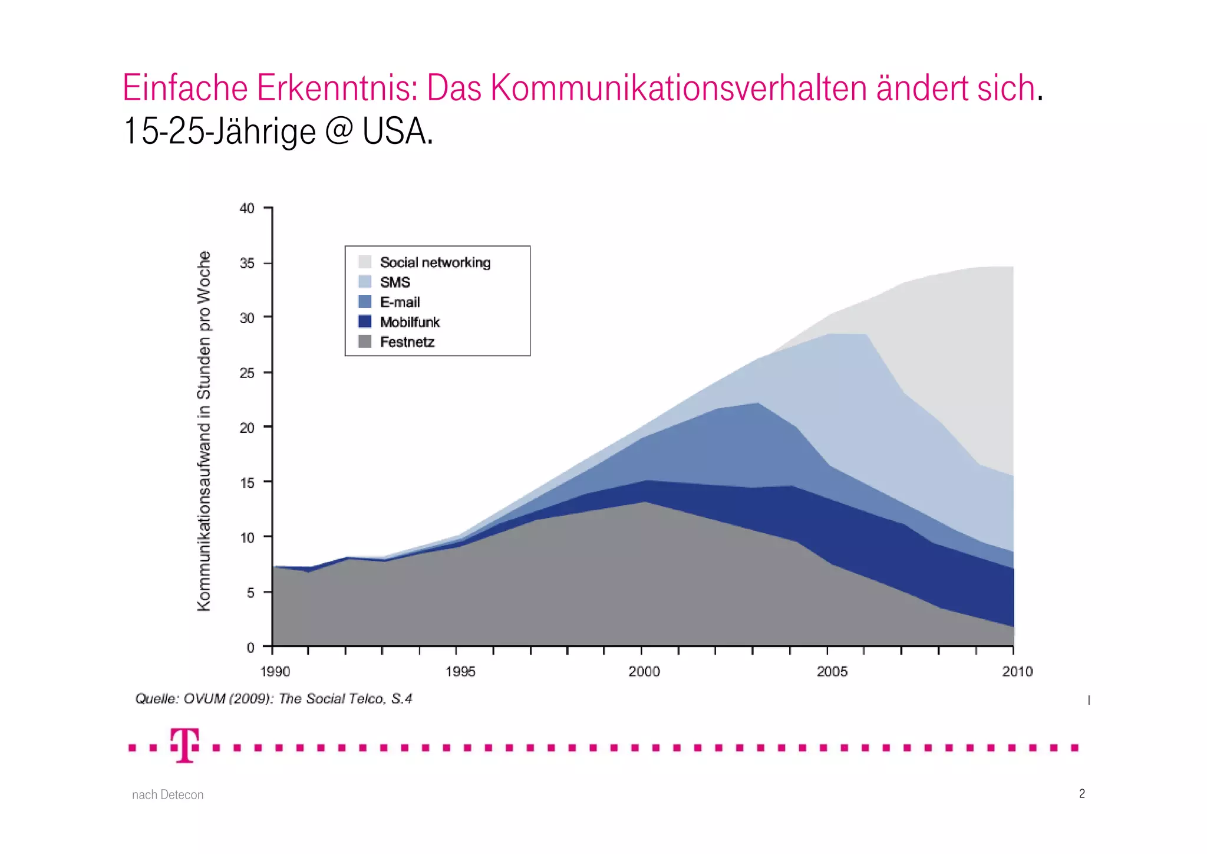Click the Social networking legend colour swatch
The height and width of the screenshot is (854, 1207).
365,262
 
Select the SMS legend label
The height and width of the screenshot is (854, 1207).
395,283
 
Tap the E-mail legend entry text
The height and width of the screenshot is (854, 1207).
400,303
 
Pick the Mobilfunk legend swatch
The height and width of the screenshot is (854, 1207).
365,322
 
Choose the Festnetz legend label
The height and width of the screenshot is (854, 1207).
407,342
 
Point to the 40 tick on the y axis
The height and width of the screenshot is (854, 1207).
247,208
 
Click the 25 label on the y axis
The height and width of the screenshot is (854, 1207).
247,373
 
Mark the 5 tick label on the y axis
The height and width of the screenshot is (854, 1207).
250,593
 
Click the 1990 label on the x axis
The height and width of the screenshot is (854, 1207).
275,672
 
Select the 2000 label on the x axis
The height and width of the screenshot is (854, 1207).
644,672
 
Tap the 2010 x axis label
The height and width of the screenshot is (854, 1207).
1017,672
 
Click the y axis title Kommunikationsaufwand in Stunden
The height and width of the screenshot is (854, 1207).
203,431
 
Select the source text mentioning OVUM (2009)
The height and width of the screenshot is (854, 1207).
273,699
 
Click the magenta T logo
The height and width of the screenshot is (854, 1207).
184,745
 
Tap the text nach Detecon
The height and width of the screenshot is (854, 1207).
167,795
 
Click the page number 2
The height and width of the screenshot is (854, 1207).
1081,794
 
